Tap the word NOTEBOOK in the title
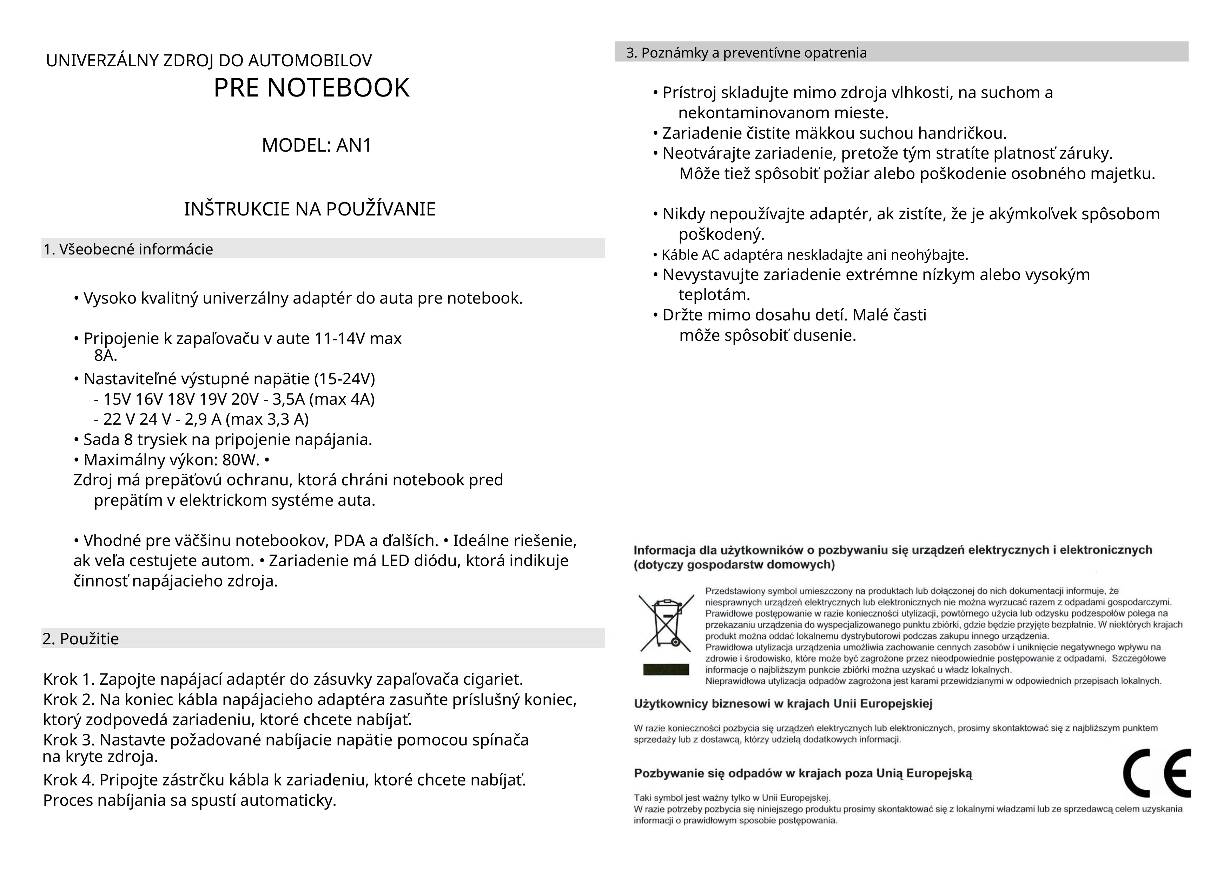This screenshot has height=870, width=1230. point(339,88)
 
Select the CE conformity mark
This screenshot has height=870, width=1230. point(1157,773)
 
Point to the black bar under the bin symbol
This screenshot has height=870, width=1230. point(666,670)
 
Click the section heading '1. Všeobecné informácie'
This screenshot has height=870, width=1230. point(128,249)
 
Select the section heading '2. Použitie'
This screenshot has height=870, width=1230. point(81,639)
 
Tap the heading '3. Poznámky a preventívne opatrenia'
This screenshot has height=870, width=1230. point(746,53)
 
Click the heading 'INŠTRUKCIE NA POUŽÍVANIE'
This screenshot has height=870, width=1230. point(310,209)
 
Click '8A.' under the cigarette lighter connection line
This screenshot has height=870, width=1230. point(106,355)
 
